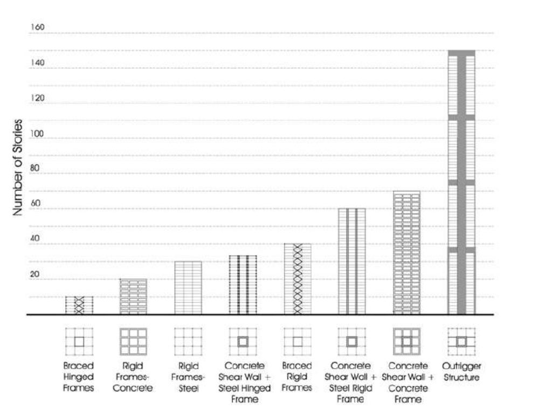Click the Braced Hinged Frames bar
[x=79, y=305]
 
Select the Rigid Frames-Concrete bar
[x=133, y=296]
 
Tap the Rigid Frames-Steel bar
[x=188, y=288]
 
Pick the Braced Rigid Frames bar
[x=298, y=279]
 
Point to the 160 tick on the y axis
[x=37, y=27]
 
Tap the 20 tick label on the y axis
[x=35, y=274]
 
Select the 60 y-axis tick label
[x=36, y=204]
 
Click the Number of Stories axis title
[x=18, y=167]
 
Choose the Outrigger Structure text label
[x=462, y=372]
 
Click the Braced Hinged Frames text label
[x=79, y=377]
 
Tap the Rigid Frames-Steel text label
[x=188, y=377]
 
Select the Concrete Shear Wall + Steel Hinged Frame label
[x=243, y=382]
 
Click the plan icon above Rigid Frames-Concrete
[x=133, y=341]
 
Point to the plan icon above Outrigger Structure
[x=461, y=341]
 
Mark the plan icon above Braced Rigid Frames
[x=298, y=341]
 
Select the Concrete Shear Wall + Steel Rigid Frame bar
[x=352, y=261]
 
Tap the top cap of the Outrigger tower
[x=461, y=52]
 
